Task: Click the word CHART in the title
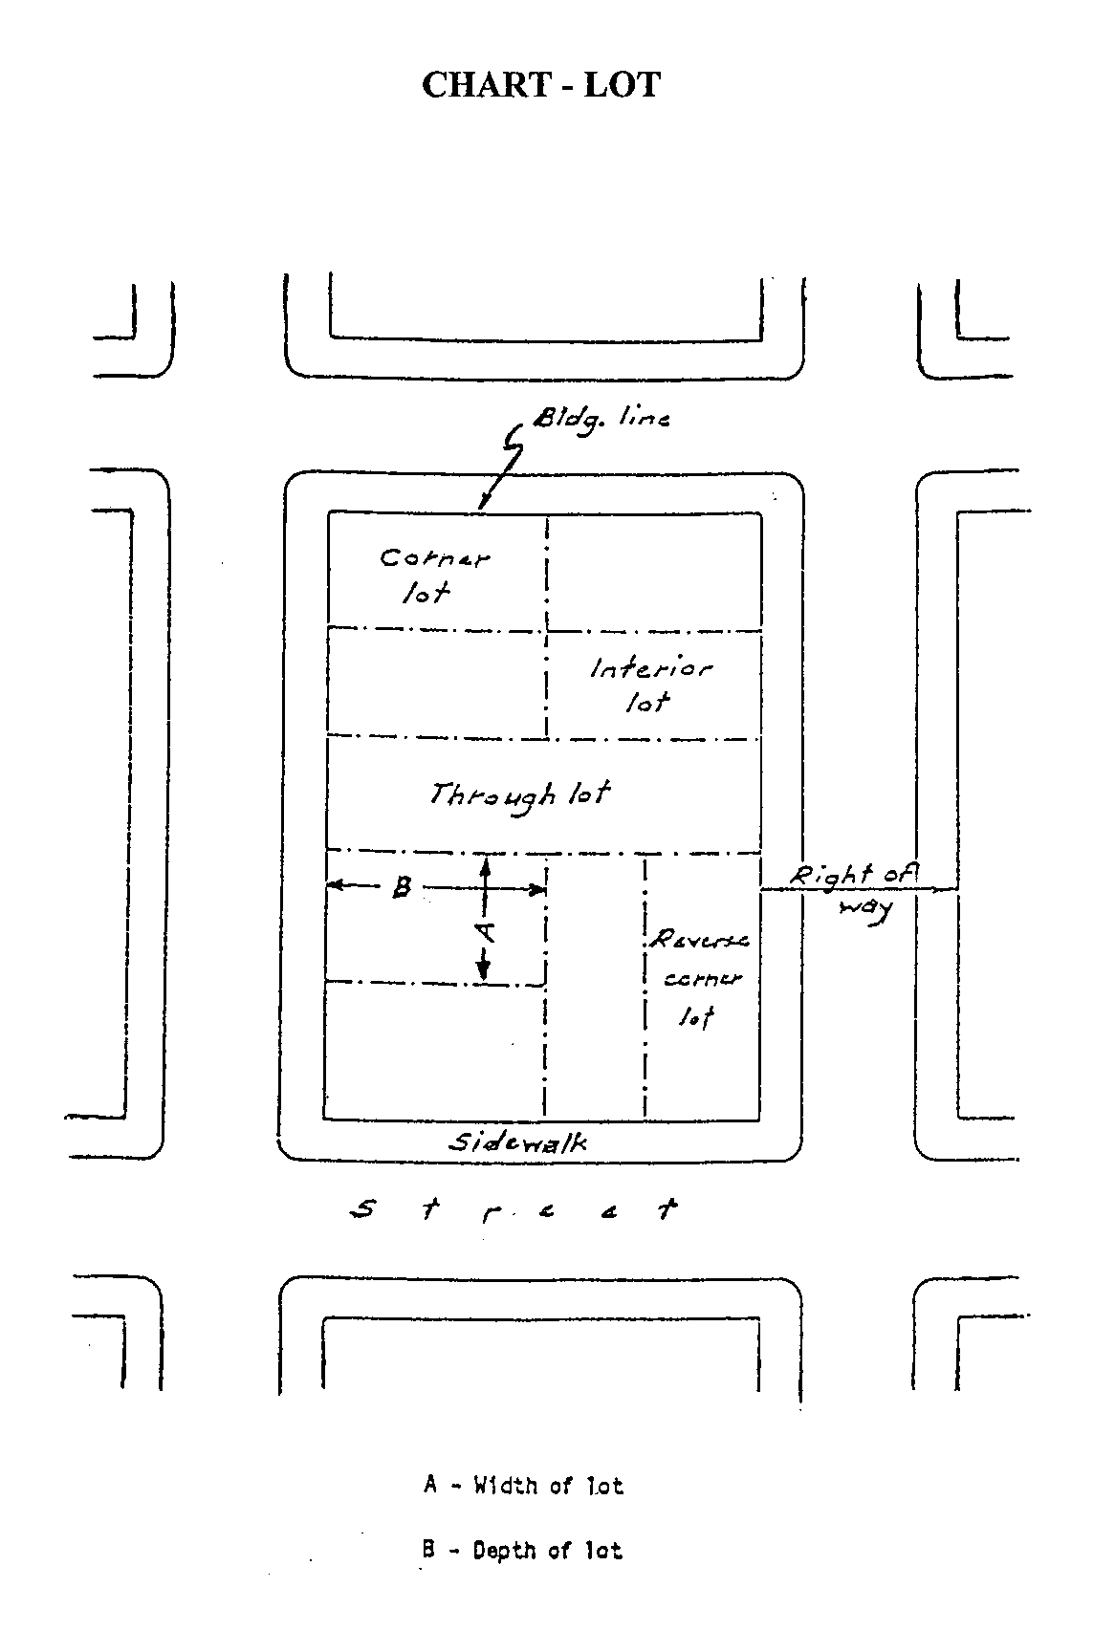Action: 484,85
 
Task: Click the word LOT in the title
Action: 623,85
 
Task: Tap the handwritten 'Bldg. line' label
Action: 601,418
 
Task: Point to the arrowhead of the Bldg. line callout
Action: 482,507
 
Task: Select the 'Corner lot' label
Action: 433,575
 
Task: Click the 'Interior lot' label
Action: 649,685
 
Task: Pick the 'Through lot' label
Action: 519,795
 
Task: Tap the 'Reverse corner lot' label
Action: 698,978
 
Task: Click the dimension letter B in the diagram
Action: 403,888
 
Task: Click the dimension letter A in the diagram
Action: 485,928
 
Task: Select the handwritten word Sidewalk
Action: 518,1142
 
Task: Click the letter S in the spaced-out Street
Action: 362,1210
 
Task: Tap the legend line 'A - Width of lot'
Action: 523,1486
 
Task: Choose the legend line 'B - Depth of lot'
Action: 522,1550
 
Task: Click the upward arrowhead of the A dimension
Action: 485,863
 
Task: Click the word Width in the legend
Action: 506,1486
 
